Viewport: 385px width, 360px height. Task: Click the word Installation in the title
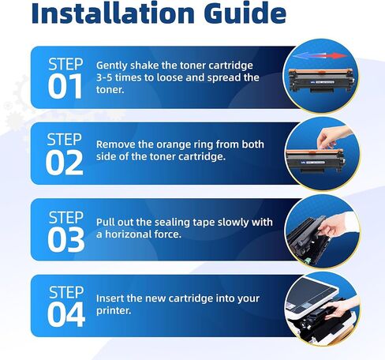[113, 13]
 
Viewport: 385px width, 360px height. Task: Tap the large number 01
[65, 86]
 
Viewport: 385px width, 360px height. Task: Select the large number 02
[65, 163]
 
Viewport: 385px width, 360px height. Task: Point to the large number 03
[66, 240]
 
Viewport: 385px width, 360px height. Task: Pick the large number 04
[66, 315]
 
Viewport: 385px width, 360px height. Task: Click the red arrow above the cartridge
[334, 56]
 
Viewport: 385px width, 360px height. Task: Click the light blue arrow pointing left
[306, 56]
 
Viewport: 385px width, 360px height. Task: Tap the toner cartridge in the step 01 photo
[321, 81]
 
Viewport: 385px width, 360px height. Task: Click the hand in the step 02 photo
[333, 137]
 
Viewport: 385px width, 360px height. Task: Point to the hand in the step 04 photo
[342, 308]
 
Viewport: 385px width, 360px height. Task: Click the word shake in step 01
[144, 66]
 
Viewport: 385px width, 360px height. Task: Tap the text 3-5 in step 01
[104, 77]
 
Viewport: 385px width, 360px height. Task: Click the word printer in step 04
[113, 311]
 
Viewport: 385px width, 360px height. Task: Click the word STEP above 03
[66, 218]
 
